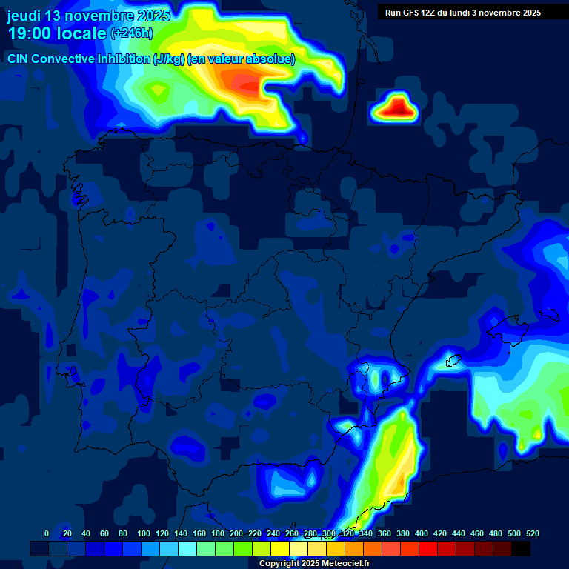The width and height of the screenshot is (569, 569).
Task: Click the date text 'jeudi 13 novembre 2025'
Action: (89, 16)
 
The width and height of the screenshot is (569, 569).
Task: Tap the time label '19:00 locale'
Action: (57, 33)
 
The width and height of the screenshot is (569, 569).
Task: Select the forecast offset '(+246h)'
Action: (132, 33)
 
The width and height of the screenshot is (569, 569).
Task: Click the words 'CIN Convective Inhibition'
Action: (79, 59)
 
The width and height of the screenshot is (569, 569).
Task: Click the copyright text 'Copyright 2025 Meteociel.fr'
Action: (314, 563)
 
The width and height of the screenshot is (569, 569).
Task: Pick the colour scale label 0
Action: (47, 533)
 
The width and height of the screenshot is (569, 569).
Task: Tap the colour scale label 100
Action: (142, 533)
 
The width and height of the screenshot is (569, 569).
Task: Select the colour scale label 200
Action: (236, 533)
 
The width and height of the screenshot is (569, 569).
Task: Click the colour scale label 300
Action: (329, 533)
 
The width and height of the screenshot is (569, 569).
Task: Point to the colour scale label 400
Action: (422, 533)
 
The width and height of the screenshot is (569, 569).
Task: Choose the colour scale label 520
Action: (533, 533)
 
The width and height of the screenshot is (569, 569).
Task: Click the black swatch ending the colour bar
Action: (521, 548)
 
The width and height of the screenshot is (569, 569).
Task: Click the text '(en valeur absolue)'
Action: (242, 59)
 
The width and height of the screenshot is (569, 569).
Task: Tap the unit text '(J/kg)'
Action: (170, 59)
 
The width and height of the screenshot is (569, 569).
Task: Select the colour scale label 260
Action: (292, 533)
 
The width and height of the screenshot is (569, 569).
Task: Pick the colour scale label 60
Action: (104, 533)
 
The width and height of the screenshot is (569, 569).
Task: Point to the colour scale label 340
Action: (366, 533)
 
